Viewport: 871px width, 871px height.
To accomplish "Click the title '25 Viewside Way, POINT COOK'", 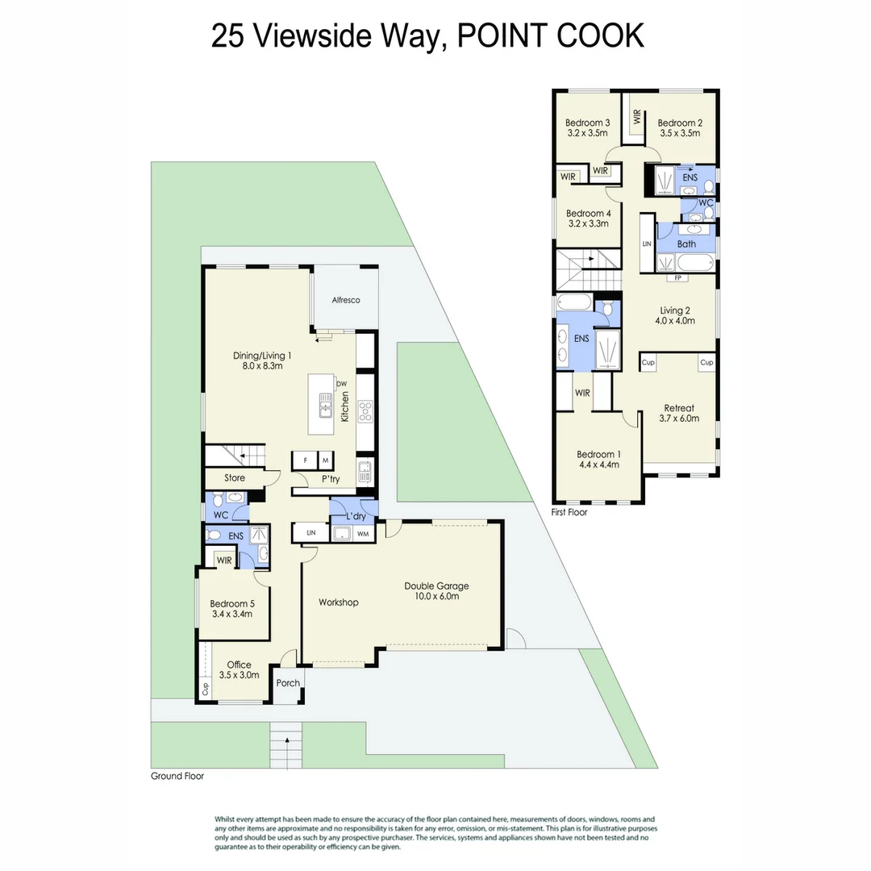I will point(427,36).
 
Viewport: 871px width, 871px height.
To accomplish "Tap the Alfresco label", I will point(345,300).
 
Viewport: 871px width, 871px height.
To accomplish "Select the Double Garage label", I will point(436,591).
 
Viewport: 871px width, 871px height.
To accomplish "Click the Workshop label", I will point(338,602).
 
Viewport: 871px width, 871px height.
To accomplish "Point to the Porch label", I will point(288,683).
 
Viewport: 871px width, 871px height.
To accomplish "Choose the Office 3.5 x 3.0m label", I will point(239,670).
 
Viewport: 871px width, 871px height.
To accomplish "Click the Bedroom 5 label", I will point(232,608).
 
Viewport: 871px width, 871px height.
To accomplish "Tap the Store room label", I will point(235,478).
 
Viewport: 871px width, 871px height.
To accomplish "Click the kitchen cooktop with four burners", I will point(365,411).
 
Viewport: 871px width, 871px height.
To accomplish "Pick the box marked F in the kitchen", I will point(305,461).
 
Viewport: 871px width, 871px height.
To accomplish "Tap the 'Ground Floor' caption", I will point(177,777).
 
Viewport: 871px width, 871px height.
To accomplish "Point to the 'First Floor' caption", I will point(569,512).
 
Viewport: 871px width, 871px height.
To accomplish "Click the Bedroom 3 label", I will point(588,127).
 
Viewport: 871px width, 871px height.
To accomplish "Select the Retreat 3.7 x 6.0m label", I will point(679,413).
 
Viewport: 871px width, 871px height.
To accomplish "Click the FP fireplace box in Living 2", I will point(677,278).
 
